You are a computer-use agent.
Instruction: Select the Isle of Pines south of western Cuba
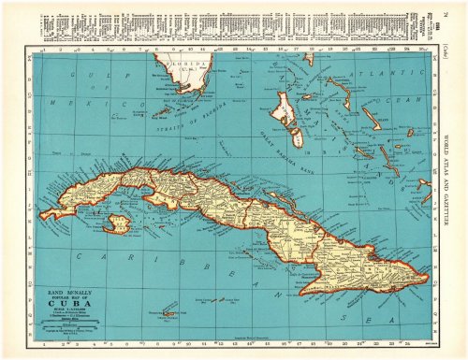tap(118, 224)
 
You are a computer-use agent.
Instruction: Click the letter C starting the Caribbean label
tap(79, 255)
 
